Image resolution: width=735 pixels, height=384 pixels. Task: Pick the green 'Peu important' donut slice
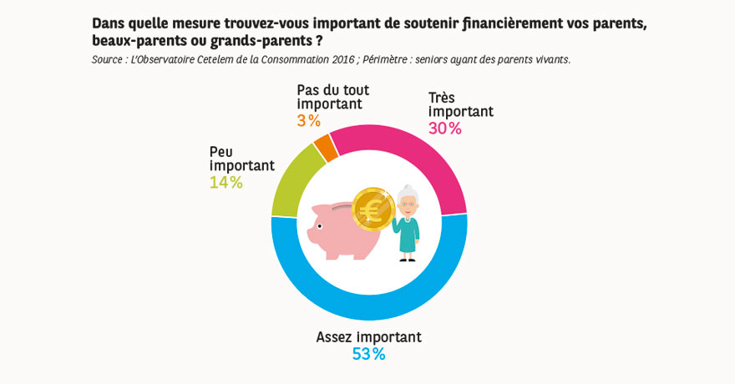coord(289,179)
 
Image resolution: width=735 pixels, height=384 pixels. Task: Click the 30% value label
coord(444,129)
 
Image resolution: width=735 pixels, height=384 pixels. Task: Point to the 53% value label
coord(368,354)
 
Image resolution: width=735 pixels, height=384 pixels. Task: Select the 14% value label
coord(226,182)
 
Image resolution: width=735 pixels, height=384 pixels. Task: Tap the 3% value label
coord(308,121)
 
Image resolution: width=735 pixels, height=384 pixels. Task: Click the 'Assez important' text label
coord(368,337)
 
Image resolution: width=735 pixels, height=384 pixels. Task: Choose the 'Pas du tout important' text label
coord(332,97)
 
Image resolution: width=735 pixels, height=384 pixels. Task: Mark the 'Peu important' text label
coord(241,159)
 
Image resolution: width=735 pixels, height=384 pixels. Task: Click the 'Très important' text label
coord(460,104)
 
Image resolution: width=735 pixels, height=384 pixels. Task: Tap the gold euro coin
coord(373,209)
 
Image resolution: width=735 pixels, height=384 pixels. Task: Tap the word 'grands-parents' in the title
coord(264,40)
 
